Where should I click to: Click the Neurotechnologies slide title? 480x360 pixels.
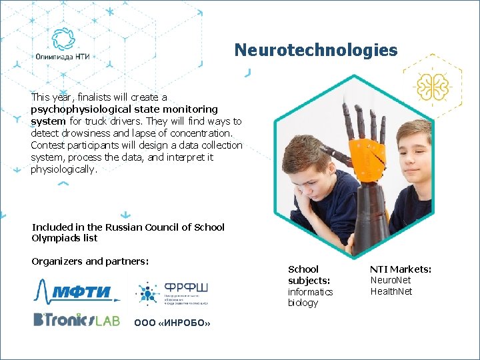tap(315, 50)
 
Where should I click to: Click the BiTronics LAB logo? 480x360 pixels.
tap(76, 320)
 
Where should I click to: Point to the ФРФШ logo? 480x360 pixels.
tap(172, 293)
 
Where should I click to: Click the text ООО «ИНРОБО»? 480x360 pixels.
tap(172, 323)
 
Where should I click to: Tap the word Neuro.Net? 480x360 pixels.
tap(391, 280)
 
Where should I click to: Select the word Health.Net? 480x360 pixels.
tap(391, 291)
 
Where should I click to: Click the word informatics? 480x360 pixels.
tap(310, 292)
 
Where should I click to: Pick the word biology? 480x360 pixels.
tap(303, 303)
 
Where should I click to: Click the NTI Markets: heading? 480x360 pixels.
tap(401, 269)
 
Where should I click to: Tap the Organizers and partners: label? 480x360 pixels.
tap(90, 261)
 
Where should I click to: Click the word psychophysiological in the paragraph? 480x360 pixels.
tap(76, 109)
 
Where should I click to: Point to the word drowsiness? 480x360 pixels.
tap(82, 133)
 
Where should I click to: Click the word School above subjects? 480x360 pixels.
tap(303, 269)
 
